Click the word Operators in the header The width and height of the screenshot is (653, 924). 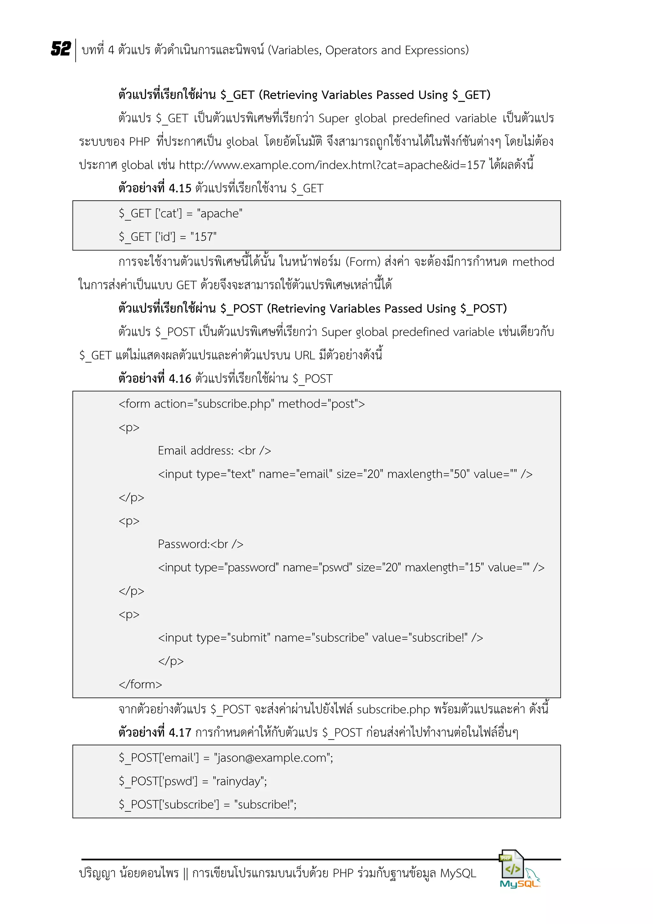point(351,50)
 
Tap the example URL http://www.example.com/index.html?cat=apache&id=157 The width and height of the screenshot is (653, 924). point(332,165)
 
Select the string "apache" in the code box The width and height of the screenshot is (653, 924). point(220,213)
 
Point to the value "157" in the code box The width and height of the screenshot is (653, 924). point(203,237)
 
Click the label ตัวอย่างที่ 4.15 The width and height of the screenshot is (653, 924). point(155,188)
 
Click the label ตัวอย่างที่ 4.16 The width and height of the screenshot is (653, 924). point(155,379)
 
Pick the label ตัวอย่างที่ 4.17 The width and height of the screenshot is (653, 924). point(155,733)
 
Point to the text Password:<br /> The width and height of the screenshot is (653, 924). point(200,544)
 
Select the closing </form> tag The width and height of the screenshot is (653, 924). point(140,685)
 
